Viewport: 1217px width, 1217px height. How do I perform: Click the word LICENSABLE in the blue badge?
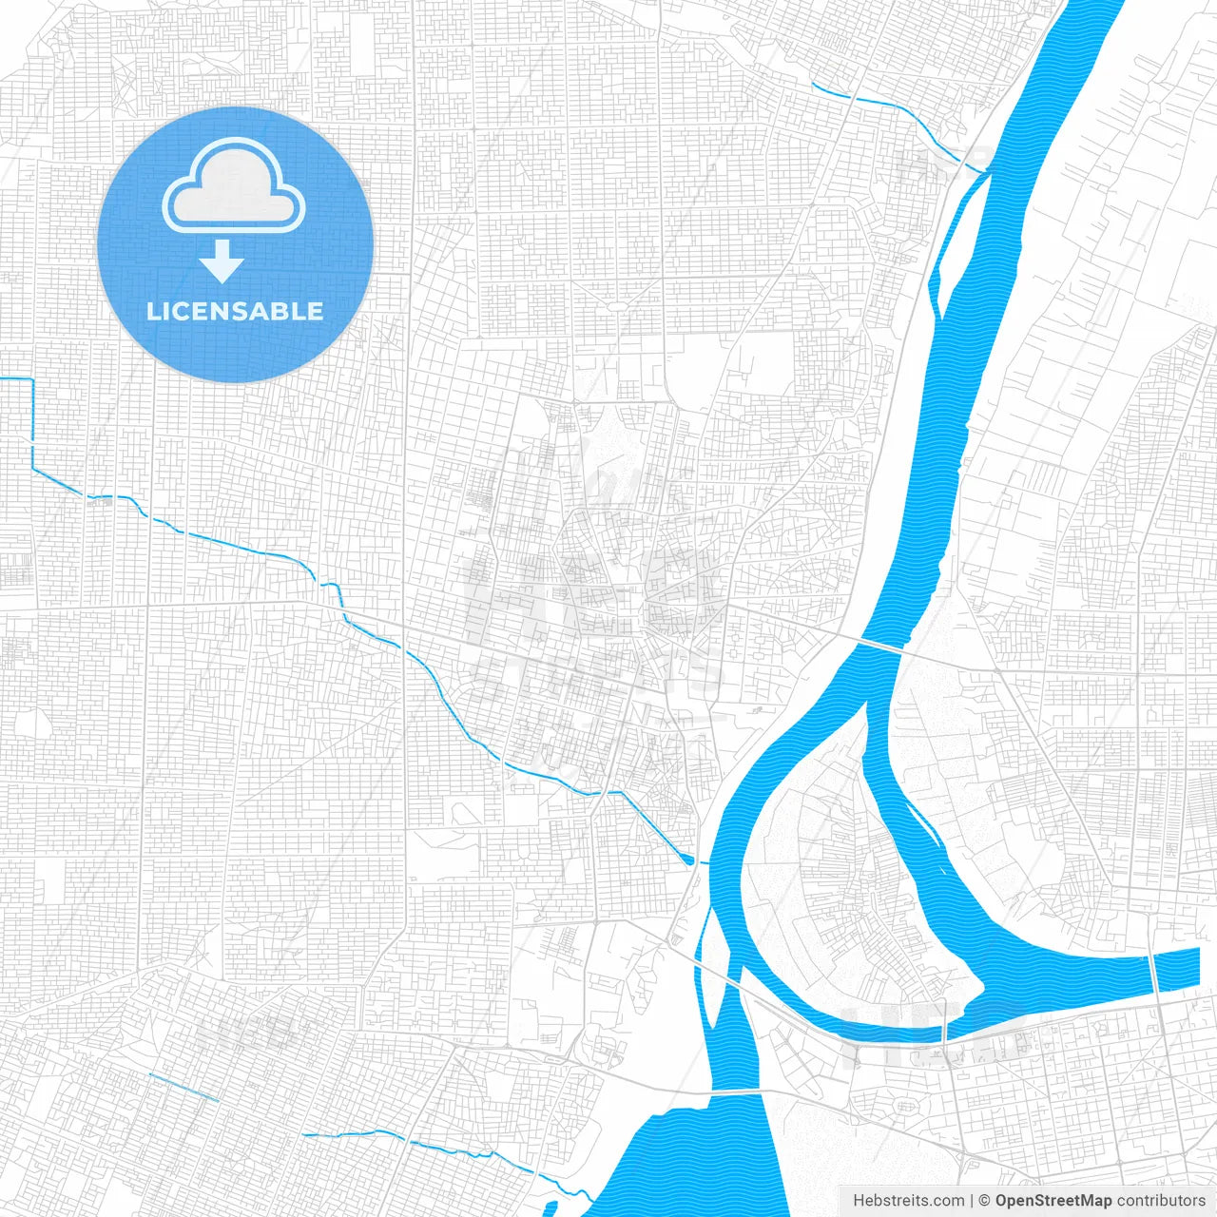pos(235,311)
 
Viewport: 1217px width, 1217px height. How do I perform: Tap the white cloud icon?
pos(234,187)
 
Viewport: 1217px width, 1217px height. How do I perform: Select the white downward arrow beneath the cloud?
pos(222,261)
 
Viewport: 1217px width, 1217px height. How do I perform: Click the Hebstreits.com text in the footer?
pos(909,1201)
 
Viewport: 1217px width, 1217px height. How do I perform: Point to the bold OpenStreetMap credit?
pos(1053,1201)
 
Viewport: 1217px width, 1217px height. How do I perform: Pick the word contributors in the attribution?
pos(1161,1201)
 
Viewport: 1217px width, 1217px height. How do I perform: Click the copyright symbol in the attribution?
pos(985,1201)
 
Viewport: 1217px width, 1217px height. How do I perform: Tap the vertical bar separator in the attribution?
pos(973,1201)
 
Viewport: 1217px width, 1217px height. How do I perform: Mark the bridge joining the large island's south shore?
pos(946,1028)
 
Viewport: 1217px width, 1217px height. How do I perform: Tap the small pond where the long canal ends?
pos(687,860)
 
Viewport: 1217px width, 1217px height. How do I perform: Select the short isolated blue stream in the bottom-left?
pos(184,1087)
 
